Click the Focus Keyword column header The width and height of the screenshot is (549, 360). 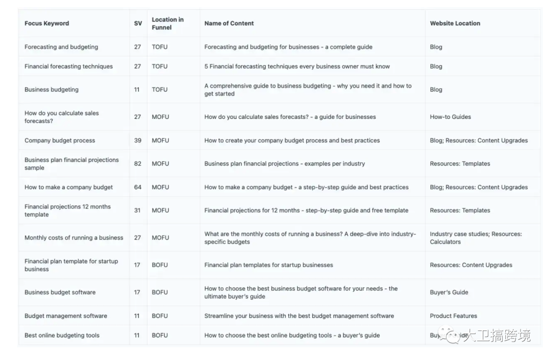(47, 23)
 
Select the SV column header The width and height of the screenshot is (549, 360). (138, 23)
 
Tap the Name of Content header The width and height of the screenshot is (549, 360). (229, 23)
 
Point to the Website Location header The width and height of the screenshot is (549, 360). (455, 23)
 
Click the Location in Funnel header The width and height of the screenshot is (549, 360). (168, 23)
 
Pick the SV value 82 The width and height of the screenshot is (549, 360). (138, 164)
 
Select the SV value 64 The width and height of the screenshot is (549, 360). (138, 187)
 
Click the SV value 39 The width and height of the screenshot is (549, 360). (138, 140)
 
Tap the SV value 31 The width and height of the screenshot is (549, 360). (137, 211)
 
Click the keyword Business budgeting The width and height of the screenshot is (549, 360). (51, 89)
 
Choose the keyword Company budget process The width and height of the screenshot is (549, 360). (59, 140)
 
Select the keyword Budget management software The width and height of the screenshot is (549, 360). (66, 316)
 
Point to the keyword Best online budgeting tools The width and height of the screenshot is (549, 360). (62, 336)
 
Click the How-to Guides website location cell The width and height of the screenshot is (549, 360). (450, 117)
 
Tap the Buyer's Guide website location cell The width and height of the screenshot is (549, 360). (449, 292)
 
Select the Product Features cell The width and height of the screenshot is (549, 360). (453, 316)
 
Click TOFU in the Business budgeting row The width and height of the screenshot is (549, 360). (160, 89)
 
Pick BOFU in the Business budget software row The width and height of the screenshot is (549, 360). (160, 292)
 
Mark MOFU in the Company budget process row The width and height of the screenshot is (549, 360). (160, 140)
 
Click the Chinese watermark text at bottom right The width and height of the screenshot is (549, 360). (496, 336)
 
